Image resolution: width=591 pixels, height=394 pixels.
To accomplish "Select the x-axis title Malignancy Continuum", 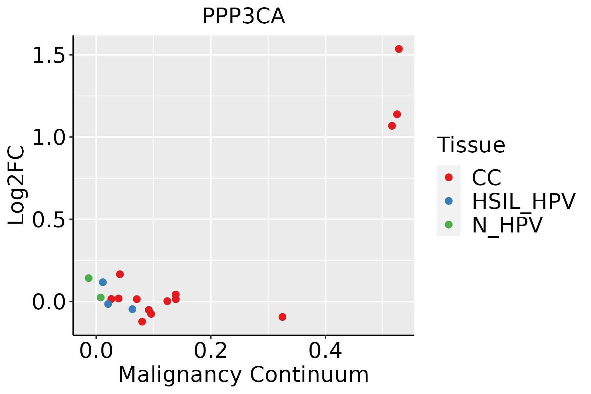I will click(x=243, y=375).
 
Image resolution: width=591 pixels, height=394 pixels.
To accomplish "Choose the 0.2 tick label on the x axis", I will click(x=210, y=351).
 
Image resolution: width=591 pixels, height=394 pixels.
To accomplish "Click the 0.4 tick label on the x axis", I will click(x=325, y=351).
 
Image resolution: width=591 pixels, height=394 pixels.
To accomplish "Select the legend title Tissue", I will click(x=471, y=145).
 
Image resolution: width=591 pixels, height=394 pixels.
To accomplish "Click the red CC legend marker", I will click(x=449, y=177).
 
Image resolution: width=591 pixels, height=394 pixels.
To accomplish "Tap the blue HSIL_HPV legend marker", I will click(x=449, y=201).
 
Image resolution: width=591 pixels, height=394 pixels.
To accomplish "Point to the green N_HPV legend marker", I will click(x=449, y=225).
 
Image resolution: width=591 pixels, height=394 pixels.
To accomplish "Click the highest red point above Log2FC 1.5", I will click(x=399, y=49).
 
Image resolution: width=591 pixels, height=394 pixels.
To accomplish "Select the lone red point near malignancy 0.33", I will click(x=282, y=317).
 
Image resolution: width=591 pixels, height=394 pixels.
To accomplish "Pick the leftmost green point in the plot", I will click(x=89, y=278).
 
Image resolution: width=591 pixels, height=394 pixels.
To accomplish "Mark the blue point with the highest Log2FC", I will click(x=103, y=282).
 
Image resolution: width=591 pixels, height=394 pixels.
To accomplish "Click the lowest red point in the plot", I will click(x=142, y=321).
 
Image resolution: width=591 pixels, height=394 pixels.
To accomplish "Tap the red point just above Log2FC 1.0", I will click(x=392, y=126).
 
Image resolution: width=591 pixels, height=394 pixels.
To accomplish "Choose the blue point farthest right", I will click(x=132, y=309).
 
